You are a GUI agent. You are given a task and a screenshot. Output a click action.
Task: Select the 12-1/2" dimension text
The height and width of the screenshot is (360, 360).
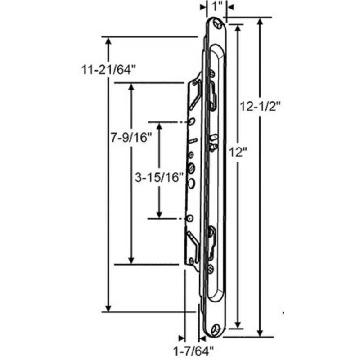(x=260, y=107)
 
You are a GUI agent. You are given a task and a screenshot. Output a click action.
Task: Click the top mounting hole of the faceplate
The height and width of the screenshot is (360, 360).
(x=218, y=23)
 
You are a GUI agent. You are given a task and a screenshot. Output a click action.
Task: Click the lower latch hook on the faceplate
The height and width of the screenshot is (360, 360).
(x=213, y=237)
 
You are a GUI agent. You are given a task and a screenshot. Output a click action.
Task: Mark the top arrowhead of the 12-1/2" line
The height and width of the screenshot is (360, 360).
(x=260, y=22)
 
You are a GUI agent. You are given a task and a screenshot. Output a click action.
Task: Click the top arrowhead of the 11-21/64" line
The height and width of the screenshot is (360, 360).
(x=108, y=41)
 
